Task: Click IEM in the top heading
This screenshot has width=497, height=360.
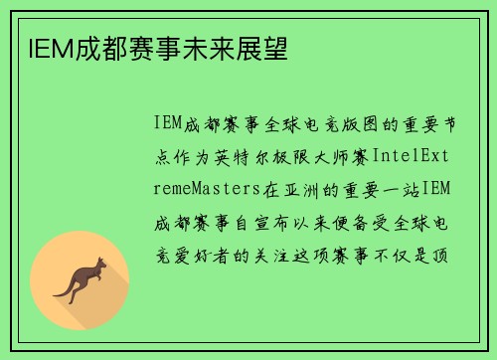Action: click(40, 47)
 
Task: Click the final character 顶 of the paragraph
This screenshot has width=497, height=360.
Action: click(441, 255)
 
